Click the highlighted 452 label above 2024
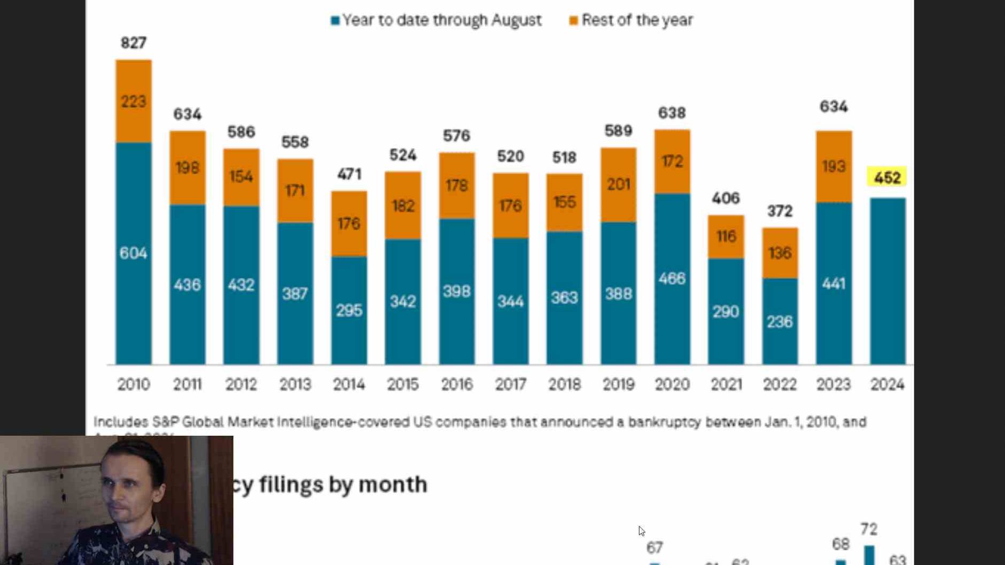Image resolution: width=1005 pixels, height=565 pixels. (887, 177)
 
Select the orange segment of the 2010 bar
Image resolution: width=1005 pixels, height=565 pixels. (134, 101)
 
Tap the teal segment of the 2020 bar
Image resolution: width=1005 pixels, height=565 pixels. (672, 278)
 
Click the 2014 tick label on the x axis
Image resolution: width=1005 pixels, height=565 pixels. (349, 384)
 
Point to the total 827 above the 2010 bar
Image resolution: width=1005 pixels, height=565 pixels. (134, 43)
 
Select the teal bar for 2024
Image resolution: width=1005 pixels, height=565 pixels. (887, 281)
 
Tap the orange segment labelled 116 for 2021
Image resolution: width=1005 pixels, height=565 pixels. (726, 237)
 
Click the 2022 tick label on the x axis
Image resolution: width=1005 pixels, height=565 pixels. (780, 384)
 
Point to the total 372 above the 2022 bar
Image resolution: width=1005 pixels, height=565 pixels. (780, 211)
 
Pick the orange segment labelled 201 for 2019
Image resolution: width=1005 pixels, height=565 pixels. (618, 184)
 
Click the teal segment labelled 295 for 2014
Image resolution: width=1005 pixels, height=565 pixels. (349, 310)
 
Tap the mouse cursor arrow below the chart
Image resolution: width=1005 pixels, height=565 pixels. (641, 531)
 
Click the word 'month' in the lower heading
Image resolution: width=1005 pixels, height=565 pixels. (393, 484)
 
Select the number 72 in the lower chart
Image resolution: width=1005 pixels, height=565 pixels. (869, 529)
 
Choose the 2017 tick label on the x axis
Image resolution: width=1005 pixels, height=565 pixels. (510, 384)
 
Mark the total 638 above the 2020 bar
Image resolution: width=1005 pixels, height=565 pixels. (672, 113)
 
